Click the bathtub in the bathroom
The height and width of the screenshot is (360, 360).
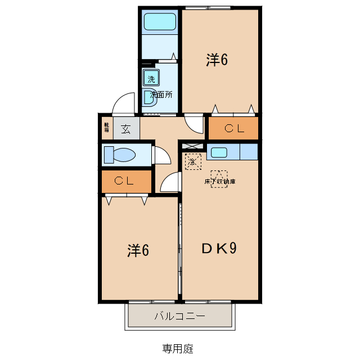[160, 22]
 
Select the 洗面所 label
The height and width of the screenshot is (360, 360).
[161, 94]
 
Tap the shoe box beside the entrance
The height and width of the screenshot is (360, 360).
[107, 127]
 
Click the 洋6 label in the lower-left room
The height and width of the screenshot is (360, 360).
[138, 250]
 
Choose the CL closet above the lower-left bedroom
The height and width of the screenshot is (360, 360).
[127, 181]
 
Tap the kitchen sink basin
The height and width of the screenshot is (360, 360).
[219, 152]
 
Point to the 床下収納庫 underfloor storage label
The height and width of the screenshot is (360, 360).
[219, 182]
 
